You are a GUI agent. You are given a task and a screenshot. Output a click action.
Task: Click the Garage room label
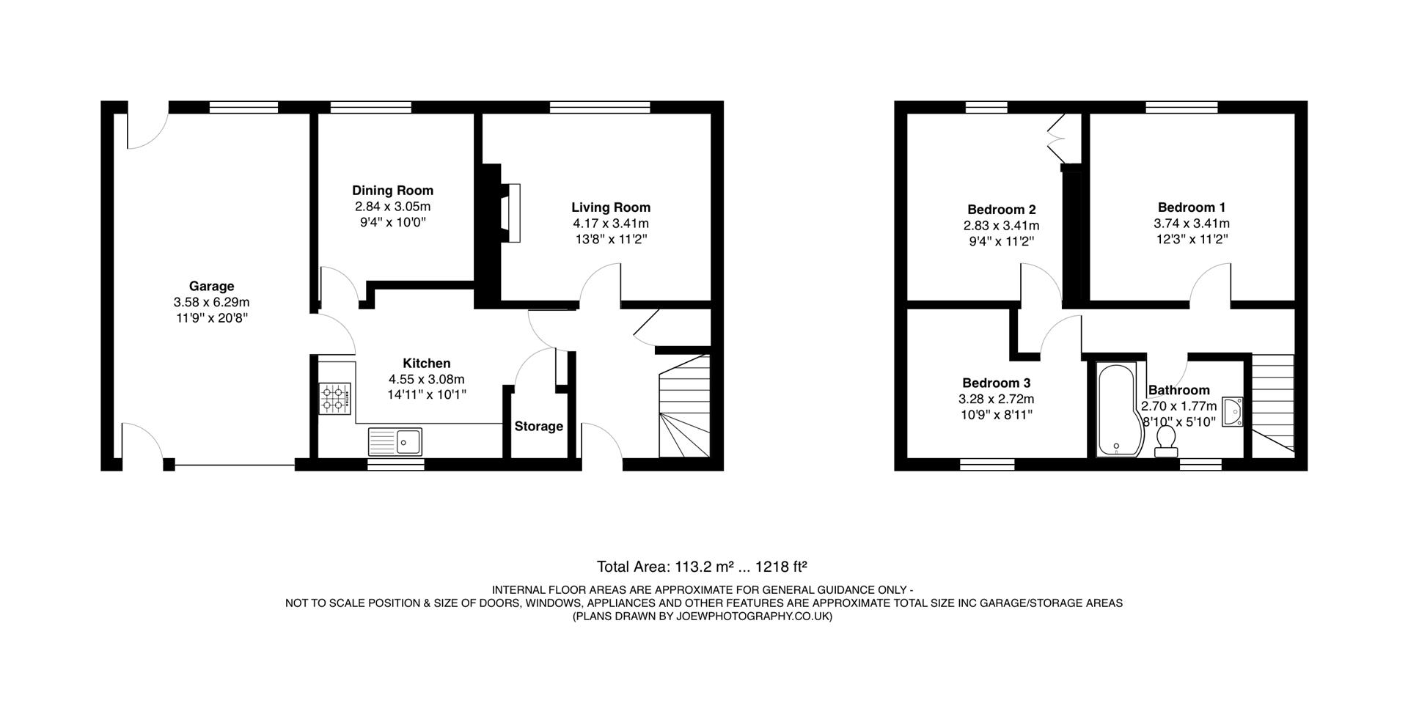[x=211, y=286]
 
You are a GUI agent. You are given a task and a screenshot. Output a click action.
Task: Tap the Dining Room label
[x=392, y=191]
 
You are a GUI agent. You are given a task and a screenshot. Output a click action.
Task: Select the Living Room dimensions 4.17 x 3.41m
[x=611, y=224]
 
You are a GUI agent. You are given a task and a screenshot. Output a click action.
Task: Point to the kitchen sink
[x=395, y=441]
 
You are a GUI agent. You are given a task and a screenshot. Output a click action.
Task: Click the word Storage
[x=538, y=427]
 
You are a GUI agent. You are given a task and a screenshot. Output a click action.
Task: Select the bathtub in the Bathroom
[x=1115, y=411]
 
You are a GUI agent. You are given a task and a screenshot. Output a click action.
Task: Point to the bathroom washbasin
[x=1233, y=412]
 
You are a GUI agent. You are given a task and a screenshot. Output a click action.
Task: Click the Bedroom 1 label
[x=1191, y=207]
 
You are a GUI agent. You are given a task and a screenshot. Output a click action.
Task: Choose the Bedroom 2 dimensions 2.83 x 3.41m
[x=1001, y=226]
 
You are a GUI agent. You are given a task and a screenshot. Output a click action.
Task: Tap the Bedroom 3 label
[x=996, y=383]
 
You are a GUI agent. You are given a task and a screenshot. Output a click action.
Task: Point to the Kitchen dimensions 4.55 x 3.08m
[x=426, y=379]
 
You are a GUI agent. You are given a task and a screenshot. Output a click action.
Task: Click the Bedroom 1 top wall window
[x=1182, y=107]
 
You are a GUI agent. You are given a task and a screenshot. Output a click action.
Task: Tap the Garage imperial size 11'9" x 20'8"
[x=211, y=317]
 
